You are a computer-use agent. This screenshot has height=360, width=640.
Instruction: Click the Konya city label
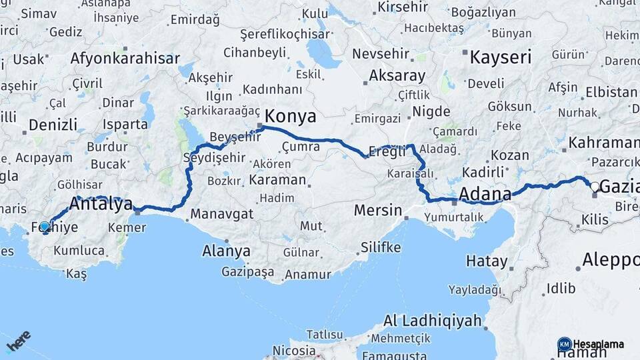coord(291,117)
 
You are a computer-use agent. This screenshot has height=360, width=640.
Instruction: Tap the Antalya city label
coord(101,205)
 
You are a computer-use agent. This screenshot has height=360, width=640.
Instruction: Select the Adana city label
coord(485,194)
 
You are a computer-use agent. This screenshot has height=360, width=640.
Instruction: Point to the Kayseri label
coord(501,57)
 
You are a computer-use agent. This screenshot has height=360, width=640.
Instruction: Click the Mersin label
coord(377,211)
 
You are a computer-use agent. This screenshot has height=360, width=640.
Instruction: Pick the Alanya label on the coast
coord(227,251)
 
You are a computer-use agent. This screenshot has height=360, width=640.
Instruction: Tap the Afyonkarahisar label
coord(125,58)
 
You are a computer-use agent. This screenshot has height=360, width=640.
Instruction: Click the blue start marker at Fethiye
coord(45,227)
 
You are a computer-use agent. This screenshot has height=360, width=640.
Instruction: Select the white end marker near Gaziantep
coord(595,187)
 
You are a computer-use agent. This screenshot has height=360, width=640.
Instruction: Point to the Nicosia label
coord(294,350)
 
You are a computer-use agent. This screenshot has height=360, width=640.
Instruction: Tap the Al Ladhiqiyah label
coord(433,321)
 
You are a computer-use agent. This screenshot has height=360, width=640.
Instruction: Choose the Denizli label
coord(53,125)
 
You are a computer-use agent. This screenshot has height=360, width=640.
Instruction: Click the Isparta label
coord(125,124)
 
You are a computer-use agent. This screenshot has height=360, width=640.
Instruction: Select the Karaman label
coord(277,180)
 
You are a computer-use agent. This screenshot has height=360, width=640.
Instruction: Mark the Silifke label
coord(381,247)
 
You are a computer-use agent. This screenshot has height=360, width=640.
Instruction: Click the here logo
coord(19,341)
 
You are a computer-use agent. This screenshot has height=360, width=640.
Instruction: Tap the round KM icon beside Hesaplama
coord(564,344)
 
